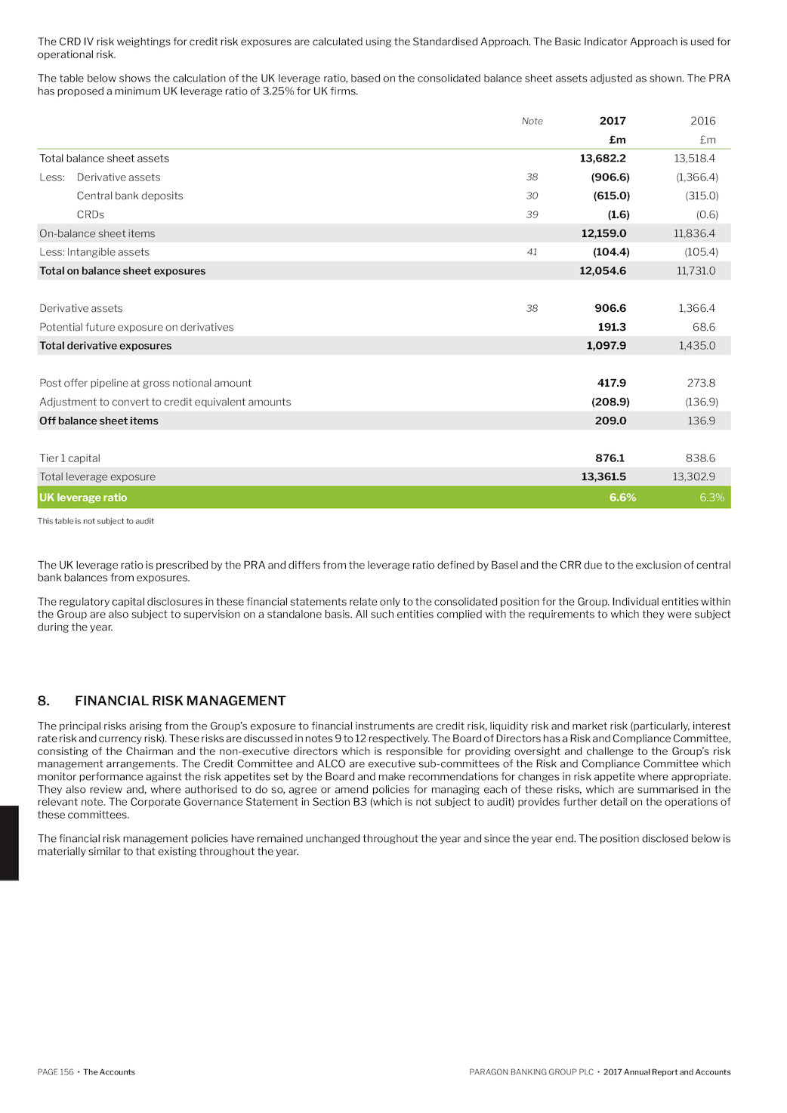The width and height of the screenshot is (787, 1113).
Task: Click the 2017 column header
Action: (x=613, y=121)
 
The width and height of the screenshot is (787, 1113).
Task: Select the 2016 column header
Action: (x=702, y=121)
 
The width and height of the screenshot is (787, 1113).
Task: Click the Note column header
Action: (x=532, y=121)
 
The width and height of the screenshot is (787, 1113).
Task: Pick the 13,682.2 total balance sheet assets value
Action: (x=603, y=159)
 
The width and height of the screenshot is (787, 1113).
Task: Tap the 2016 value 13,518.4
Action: (x=694, y=159)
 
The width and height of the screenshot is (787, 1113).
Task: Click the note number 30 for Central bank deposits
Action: (x=532, y=196)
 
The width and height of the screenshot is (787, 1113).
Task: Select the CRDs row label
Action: (x=91, y=214)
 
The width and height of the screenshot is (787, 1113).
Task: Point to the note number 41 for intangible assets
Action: (x=532, y=252)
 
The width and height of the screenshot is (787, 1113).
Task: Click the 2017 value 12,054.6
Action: (x=603, y=271)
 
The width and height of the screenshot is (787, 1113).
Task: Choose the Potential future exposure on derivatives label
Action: (x=137, y=327)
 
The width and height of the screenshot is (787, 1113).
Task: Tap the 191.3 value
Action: (x=612, y=327)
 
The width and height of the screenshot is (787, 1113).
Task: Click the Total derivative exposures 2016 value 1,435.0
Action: (x=696, y=346)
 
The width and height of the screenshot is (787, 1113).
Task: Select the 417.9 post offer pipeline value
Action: (x=612, y=384)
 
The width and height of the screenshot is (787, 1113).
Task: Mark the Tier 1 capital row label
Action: (x=69, y=458)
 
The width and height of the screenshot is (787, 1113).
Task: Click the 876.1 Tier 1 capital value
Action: (x=610, y=458)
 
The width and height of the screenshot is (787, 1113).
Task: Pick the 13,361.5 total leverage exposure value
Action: (x=603, y=477)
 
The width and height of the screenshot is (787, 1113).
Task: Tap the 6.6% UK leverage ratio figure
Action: (x=622, y=498)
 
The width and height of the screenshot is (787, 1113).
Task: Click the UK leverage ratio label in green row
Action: (x=83, y=498)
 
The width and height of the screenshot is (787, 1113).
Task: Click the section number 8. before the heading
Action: (x=44, y=701)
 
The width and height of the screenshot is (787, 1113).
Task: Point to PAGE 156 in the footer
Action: (x=56, y=1072)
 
